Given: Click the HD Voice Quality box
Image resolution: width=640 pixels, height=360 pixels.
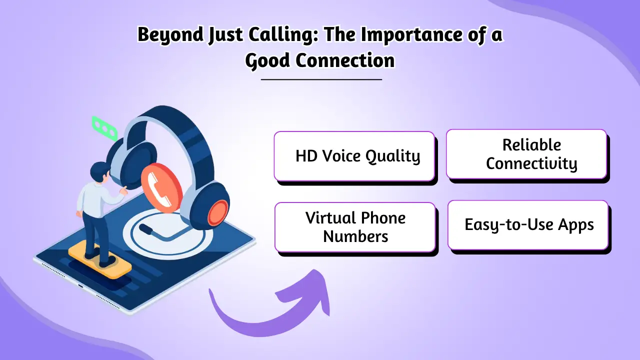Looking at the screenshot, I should click(354, 156).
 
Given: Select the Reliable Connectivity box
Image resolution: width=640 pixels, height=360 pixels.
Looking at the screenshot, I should click(526, 154).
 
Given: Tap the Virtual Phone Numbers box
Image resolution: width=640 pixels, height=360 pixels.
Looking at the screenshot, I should click(355, 227).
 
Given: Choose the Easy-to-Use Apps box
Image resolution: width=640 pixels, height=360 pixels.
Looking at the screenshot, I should click(528, 225).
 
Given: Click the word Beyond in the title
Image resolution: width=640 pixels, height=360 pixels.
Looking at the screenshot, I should click(163, 35).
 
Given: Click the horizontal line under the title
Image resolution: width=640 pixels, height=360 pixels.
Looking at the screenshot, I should click(321, 79).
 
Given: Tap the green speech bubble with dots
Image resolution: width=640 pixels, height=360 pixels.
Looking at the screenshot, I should click(104, 127).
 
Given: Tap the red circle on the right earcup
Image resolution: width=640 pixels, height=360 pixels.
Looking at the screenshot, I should click(218, 212).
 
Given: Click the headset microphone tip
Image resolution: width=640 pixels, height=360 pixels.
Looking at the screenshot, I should click(145, 229).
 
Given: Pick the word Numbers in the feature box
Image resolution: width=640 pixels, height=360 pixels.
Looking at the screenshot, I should click(355, 236).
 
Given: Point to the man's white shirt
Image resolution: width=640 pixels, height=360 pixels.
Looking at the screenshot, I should click(92, 197).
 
